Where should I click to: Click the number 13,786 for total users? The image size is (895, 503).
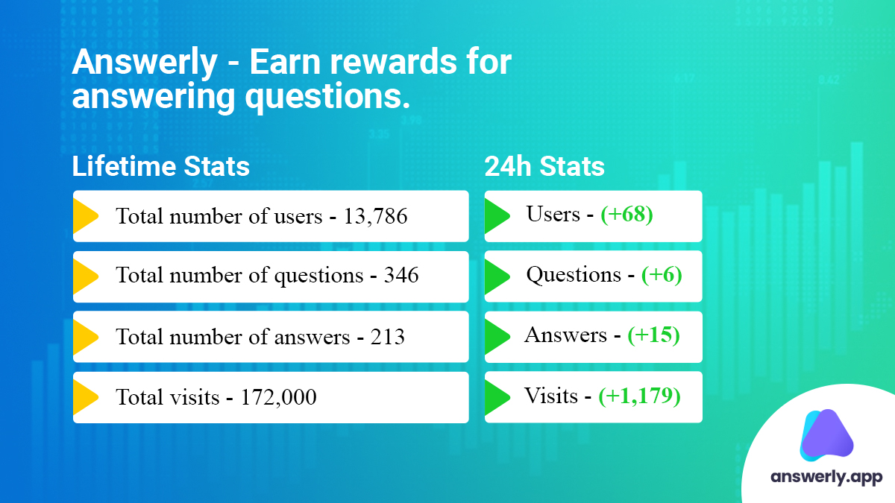(376, 216)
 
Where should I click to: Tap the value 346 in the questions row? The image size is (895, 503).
(401, 275)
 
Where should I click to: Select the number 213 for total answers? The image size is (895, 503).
(388, 337)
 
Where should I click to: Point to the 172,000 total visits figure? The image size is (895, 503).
(278, 397)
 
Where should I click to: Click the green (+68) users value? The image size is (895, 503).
(627, 215)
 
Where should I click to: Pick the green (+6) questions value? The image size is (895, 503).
(662, 275)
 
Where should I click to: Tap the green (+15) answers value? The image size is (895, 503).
(653, 335)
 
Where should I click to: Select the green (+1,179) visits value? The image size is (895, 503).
(639, 396)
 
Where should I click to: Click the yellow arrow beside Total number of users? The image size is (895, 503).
(86, 216)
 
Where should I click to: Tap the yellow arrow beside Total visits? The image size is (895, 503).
(86, 397)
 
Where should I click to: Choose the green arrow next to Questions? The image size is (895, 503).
(497, 276)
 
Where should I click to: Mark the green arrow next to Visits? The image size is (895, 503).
(497, 397)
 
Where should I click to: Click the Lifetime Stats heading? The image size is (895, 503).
(160, 166)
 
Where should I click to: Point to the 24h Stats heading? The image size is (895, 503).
(544, 166)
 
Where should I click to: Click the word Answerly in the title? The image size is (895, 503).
(145, 63)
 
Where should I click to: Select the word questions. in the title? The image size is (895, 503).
(327, 98)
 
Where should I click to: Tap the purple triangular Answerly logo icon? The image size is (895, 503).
(826, 434)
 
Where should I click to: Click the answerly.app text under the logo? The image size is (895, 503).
(826, 477)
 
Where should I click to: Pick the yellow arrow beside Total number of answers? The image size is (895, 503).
(86, 337)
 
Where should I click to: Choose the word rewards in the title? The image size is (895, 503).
(394, 62)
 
